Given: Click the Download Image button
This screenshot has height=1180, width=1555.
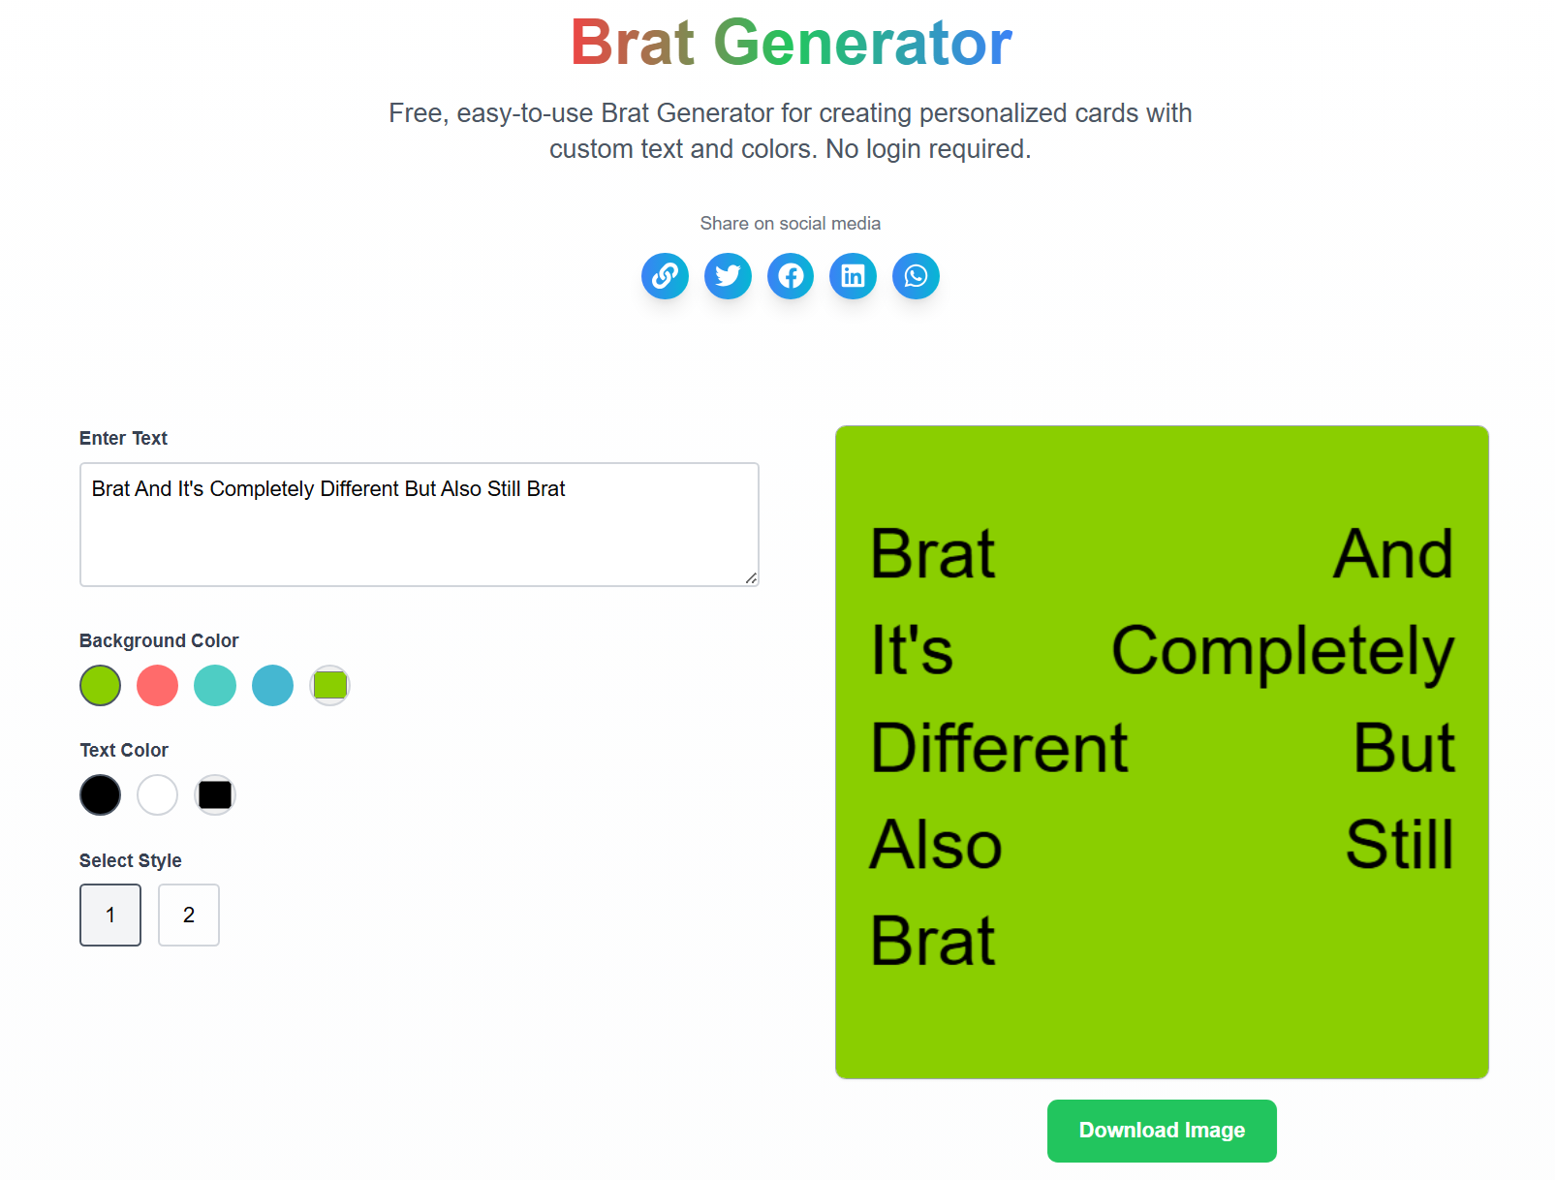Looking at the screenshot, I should click(x=1161, y=1131).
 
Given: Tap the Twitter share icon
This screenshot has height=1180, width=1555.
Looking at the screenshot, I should click(x=728, y=276).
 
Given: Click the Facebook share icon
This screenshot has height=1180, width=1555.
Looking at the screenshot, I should click(x=791, y=276).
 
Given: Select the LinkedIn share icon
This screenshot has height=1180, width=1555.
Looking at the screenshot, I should click(x=853, y=276).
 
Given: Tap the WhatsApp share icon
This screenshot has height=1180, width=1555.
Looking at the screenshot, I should click(x=916, y=276).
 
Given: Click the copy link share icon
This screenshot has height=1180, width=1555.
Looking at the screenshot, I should click(x=665, y=276).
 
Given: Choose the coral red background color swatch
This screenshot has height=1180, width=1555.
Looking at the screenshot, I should click(x=157, y=686).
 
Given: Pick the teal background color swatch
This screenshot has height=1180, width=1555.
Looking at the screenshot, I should click(x=215, y=686).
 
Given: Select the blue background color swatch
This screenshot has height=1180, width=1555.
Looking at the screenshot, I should click(x=272, y=686).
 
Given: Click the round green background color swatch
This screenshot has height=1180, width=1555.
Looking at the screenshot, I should click(x=100, y=686).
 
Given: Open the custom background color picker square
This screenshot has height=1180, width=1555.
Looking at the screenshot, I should click(x=330, y=686).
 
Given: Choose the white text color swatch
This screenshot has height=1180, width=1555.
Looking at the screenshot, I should click(x=157, y=795).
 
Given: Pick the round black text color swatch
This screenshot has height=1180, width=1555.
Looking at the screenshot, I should click(x=100, y=795).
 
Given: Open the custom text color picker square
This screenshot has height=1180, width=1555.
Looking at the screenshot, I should click(x=215, y=795).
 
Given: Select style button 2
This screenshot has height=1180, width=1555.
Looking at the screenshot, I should click(x=189, y=915).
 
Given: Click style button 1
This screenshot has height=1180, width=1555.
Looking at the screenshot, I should click(x=110, y=915).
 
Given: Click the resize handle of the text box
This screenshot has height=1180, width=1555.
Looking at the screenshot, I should click(x=751, y=578).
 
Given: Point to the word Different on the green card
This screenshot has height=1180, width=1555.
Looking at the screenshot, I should click(x=999, y=748).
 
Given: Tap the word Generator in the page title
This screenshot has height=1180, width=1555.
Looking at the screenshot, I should click(x=862, y=44).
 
